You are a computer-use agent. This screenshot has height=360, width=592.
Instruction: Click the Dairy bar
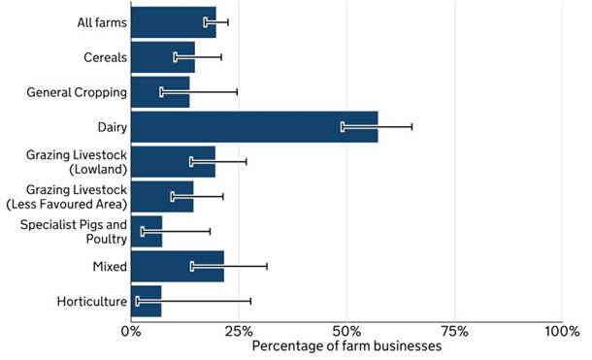click(x=254, y=127)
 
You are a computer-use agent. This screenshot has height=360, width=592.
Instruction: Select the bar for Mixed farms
click(x=178, y=267)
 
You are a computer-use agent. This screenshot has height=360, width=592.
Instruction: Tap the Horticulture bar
click(x=147, y=301)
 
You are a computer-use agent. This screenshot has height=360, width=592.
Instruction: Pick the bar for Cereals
click(x=163, y=57)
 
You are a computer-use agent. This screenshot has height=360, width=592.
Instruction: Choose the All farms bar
click(x=174, y=22)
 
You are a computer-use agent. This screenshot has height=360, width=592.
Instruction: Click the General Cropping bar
click(x=160, y=92)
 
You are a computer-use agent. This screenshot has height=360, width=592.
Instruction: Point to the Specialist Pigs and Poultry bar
click(x=147, y=231)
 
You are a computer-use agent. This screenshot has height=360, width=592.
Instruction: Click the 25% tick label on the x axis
click(x=239, y=331)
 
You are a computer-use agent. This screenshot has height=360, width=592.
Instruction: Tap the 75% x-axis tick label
click(x=454, y=331)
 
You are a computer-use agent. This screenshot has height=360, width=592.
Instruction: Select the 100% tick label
click(x=562, y=331)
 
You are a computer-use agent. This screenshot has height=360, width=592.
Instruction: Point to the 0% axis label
click(x=131, y=331)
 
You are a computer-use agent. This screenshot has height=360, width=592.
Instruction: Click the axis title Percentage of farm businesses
click(x=346, y=346)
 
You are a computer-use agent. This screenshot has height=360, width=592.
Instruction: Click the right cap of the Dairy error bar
click(x=411, y=127)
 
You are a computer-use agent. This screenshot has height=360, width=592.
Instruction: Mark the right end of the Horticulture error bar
click(x=250, y=301)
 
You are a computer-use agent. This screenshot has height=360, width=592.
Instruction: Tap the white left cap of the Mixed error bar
click(x=192, y=267)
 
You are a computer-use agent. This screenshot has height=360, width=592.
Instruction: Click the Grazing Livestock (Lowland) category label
click(x=77, y=162)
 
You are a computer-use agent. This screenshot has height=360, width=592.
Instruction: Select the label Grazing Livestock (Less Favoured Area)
click(x=67, y=197)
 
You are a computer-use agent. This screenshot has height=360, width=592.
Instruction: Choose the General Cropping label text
click(x=77, y=92)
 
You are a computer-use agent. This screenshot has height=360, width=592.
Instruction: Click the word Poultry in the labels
click(x=107, y=240)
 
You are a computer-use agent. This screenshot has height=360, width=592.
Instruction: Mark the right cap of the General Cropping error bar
click(x=237, y=92)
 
